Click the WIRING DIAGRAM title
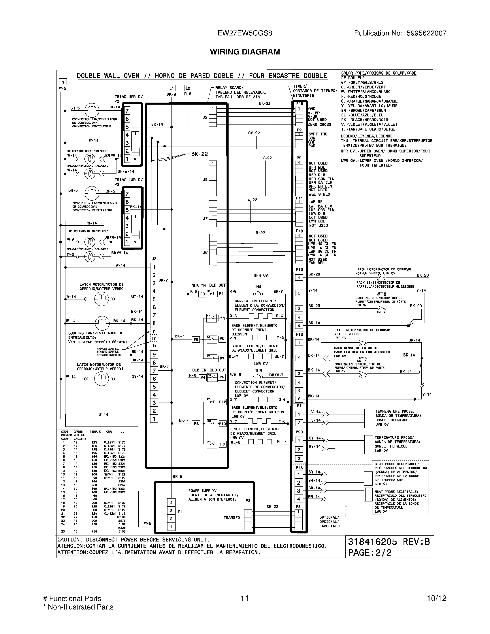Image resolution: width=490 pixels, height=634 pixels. click(245, 52)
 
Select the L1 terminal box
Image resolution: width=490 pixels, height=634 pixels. click(171, 88)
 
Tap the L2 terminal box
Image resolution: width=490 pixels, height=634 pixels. click(188, 88)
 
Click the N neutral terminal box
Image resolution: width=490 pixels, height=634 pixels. click(63, 82)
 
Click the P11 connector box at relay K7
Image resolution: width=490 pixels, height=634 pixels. click(222, 318)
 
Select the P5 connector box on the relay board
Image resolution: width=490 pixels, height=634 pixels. click(196, 339)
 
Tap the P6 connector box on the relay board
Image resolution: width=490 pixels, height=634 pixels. click(196, 424)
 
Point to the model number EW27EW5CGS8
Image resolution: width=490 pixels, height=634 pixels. click(245, 33)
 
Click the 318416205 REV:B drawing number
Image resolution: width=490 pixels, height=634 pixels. click(389, 542)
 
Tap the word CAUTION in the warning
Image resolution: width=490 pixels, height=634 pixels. click(69, 540)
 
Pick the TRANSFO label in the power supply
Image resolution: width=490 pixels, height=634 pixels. click(231, 518)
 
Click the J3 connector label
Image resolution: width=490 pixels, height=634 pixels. click(154, 258)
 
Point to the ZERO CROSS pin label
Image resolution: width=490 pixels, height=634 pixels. click(320, 124)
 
